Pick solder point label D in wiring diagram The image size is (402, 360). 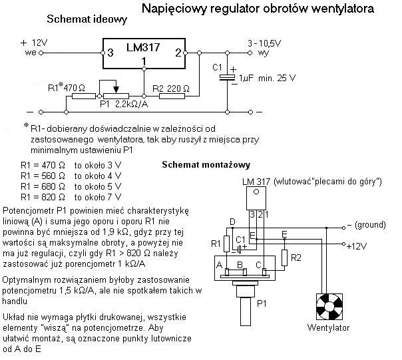coord(232,221)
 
